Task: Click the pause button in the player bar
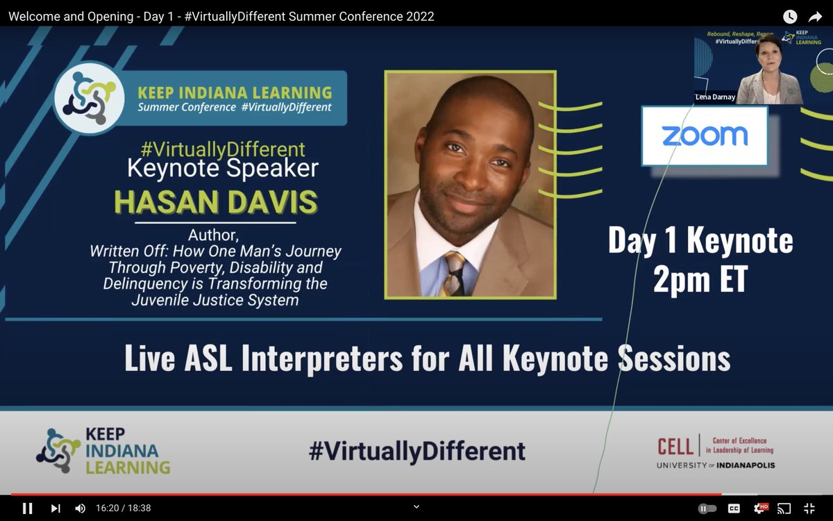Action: point(27,508)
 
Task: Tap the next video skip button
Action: point(56,508)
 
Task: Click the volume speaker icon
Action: point(80,508)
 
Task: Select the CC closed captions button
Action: point(734,508)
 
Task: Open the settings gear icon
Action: point(760,508)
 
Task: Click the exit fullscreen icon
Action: point(809,508)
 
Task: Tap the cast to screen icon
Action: point(784,508)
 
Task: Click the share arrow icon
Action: point(815,16)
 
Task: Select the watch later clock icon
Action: point(790,16)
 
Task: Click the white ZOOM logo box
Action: point(704,135)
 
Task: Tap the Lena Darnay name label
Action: point(714,97)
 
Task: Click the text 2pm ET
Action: point(700,279)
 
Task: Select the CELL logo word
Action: point(675,445)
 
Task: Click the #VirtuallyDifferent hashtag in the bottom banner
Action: point(416,452)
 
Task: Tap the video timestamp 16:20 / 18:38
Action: point(123,508)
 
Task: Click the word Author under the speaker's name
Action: point(213,235)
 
